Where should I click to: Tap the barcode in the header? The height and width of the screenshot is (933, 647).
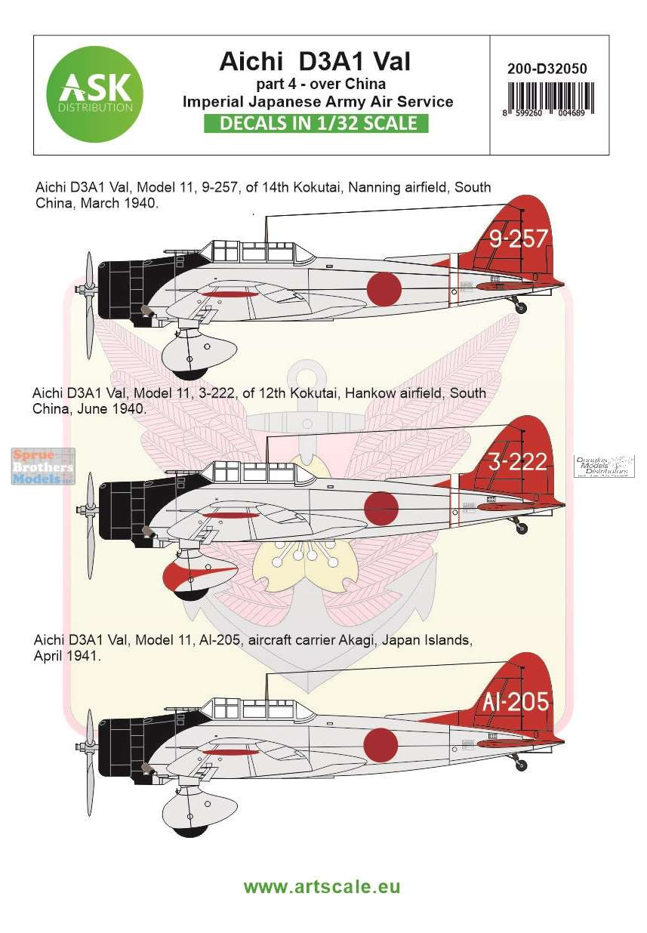pyautogui.click(x=549, y=98)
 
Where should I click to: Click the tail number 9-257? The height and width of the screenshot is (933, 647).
pyautogui.click(x=518, y=239)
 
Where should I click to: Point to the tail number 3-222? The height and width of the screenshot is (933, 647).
pyautogui.click(x=518, y=462)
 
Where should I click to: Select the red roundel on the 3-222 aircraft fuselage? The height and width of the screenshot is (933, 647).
pyautogui.click(x=381, y=509)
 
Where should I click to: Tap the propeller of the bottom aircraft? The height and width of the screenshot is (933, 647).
pyautogui.click(x=90, y=762)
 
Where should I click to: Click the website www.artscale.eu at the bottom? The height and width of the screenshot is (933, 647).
pyautogui.click(x=322, y=885)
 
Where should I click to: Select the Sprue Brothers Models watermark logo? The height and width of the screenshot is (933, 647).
pyautogui.click(x=44, y=466)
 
